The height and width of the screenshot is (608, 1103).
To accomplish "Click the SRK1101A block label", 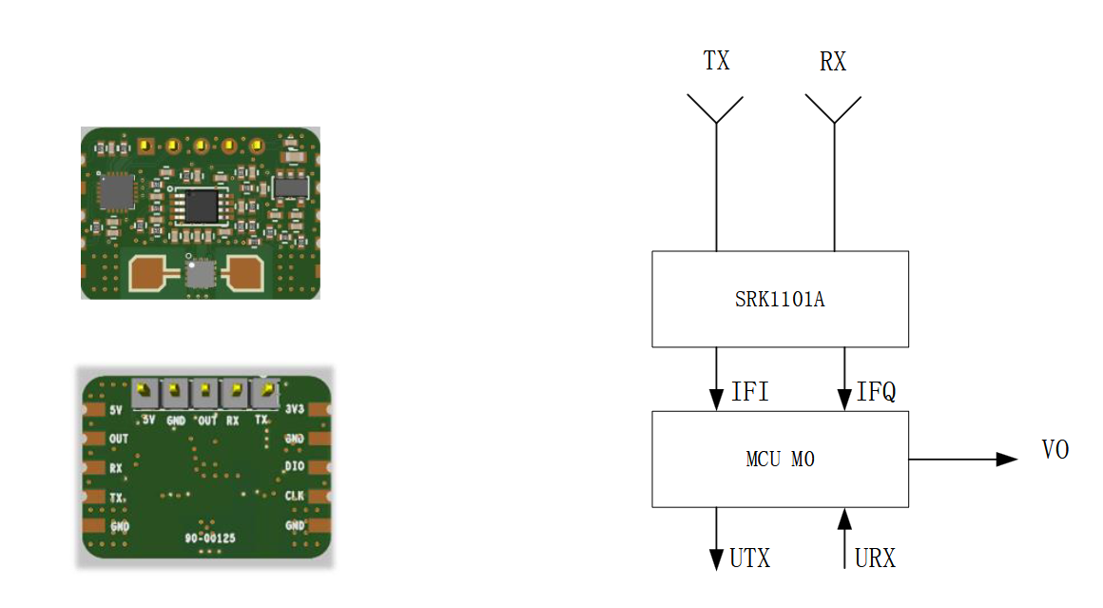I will point(779,300).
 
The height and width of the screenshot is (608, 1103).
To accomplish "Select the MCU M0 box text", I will point(780,461).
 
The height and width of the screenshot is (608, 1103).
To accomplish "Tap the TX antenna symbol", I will point(715,108).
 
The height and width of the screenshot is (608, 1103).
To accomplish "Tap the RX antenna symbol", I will point(834,108).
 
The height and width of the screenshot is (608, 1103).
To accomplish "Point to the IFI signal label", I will point(750,392).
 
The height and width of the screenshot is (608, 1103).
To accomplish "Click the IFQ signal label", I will point(876,392).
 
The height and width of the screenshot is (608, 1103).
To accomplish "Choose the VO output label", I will point(1055,450).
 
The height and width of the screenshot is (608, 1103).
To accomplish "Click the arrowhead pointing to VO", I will point(1007,460).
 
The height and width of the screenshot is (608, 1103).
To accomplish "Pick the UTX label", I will point(749,559).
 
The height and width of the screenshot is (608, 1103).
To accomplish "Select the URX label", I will point(875,559).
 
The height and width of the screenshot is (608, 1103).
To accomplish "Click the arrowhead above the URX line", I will point(844,519).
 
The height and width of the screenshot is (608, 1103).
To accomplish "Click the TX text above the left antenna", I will point(716,62).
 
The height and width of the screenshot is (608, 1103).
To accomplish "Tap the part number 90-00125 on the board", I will point(210,539).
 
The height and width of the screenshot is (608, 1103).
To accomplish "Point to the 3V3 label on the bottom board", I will point(294,410).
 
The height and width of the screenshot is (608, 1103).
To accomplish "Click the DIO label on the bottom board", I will point(294,467).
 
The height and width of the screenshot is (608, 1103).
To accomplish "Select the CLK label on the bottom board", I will point(294,496).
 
